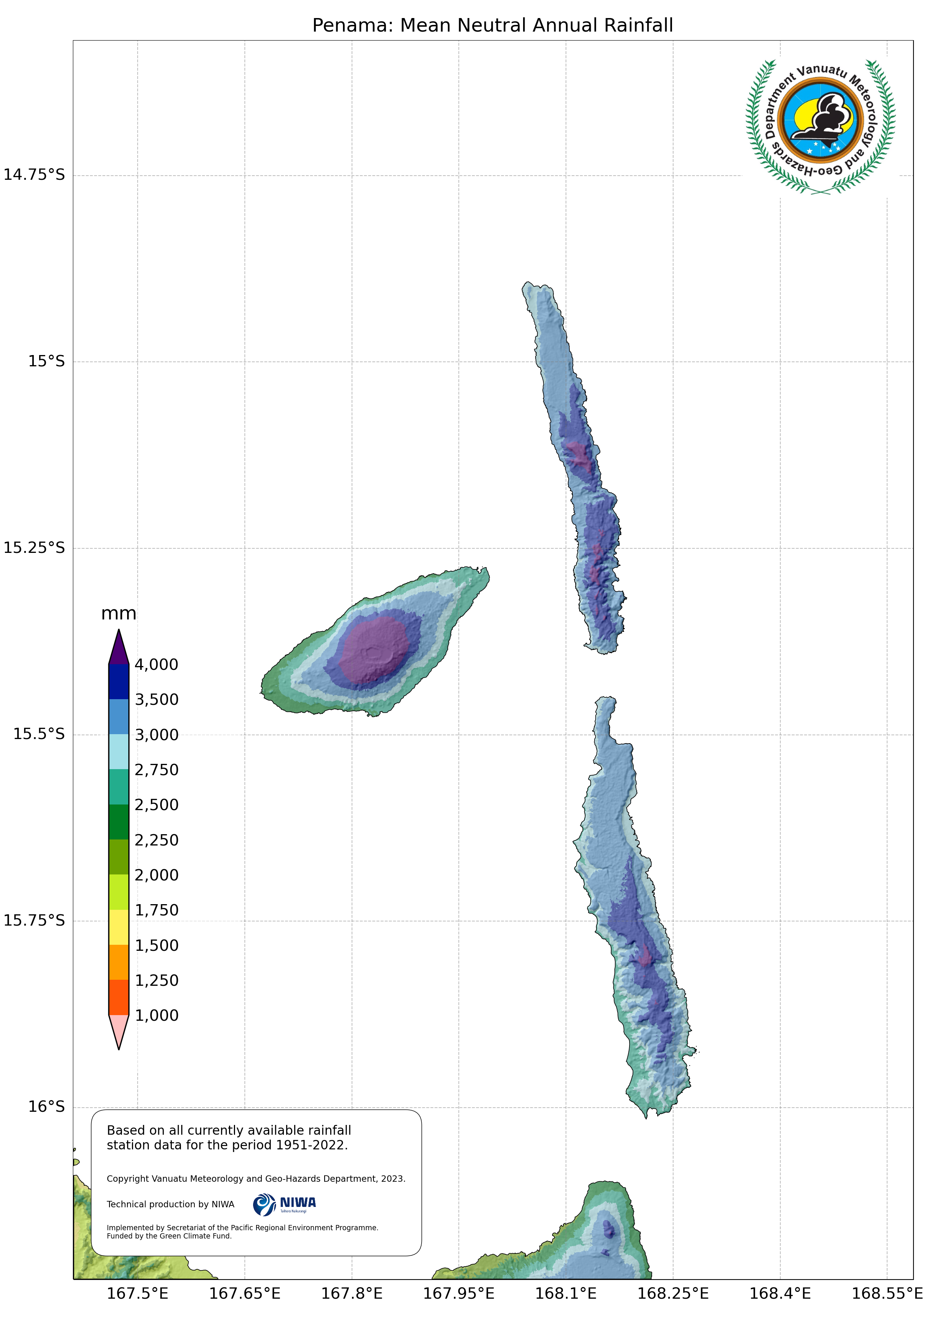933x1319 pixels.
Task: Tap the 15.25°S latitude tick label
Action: pos(35,548)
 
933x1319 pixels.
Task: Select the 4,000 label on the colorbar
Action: pos(156,665)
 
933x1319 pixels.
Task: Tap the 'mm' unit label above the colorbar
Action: pos(119,613)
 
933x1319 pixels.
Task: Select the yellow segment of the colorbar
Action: pos(119,927)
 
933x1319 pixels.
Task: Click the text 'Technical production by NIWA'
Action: pos(171,1204)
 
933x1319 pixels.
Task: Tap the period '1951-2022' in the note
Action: pos(311,1145)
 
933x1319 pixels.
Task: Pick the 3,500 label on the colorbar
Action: pos(156,700)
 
